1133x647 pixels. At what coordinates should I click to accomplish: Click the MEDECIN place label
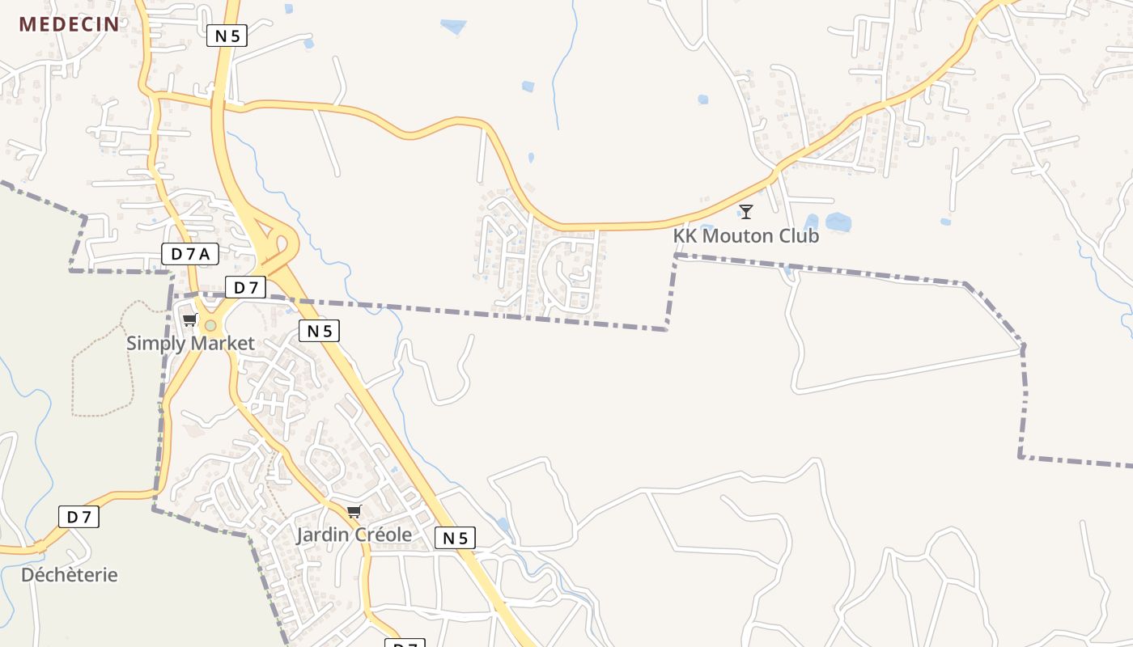(70, 23)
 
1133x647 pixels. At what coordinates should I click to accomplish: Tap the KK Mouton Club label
(745, 236)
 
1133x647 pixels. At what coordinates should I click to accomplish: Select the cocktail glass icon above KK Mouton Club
(746, 212)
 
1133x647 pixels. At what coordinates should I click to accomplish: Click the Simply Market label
(190, 343)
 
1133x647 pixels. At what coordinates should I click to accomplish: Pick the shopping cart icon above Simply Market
(190, 319)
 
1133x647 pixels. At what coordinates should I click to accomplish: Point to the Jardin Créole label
(354, 535)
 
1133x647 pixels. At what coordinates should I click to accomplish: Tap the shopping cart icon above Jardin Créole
(354, 511)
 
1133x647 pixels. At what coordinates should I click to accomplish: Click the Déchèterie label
(70, 575)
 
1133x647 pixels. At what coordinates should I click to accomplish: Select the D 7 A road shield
(190, 254)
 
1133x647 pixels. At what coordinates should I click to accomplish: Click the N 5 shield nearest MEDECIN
(227, 36)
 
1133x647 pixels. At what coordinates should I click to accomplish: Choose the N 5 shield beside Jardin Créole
(455, 538)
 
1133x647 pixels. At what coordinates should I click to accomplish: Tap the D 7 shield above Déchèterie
(79, 517)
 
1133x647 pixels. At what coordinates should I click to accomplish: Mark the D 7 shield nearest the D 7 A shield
(245, 287)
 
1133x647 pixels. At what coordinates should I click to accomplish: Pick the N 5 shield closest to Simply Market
(319, 330)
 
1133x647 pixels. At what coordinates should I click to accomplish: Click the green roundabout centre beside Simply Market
(210, 325)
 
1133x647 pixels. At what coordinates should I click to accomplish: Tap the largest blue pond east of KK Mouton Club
(838, 222)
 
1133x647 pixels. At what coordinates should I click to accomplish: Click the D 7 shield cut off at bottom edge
(405, 645)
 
